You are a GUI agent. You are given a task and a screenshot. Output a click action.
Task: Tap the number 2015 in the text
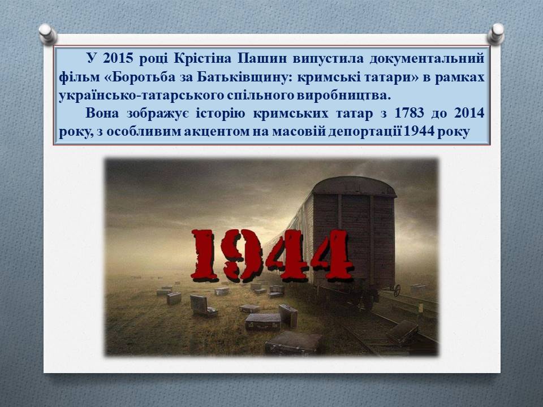tap(118, 58)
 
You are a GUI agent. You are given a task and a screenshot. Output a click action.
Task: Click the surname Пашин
tap(262, 58)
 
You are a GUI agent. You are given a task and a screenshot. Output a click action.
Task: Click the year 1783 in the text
tap(409, 113)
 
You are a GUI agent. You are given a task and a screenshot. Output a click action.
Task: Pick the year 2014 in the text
tap(469, 113)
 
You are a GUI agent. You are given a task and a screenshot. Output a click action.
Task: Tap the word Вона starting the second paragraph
tap(102, 113)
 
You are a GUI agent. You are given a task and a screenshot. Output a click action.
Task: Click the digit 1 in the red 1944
tap(206, 255)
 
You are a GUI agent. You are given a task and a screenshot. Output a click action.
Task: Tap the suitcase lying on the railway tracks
tap(403, 332)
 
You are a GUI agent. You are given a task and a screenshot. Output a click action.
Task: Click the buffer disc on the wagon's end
tap(397, 290)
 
